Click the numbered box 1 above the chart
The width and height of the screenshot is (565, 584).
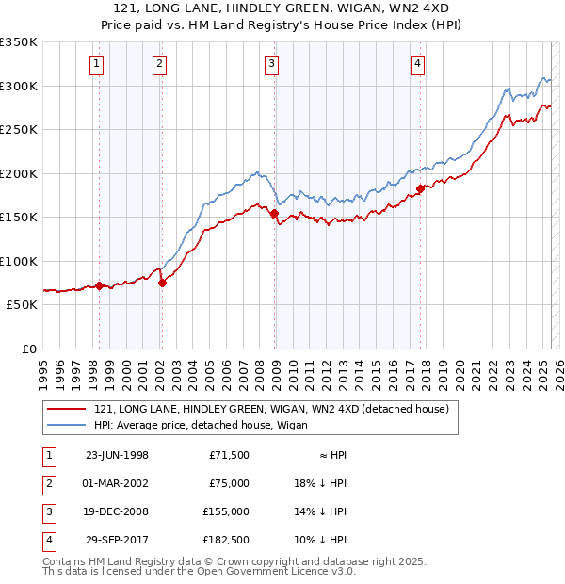point(98,64)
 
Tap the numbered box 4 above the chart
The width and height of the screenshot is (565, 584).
point(416,64)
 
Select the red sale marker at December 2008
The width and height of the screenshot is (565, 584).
point(274,214)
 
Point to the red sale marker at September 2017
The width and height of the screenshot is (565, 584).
point(420,189)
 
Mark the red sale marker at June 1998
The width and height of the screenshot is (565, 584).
point(99,285)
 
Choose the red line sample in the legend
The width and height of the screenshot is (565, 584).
point(66,409)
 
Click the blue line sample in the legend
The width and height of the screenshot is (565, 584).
point(66,424)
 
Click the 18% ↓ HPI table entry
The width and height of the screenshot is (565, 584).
point(320,483)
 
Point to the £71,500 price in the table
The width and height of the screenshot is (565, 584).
point(228,455)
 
